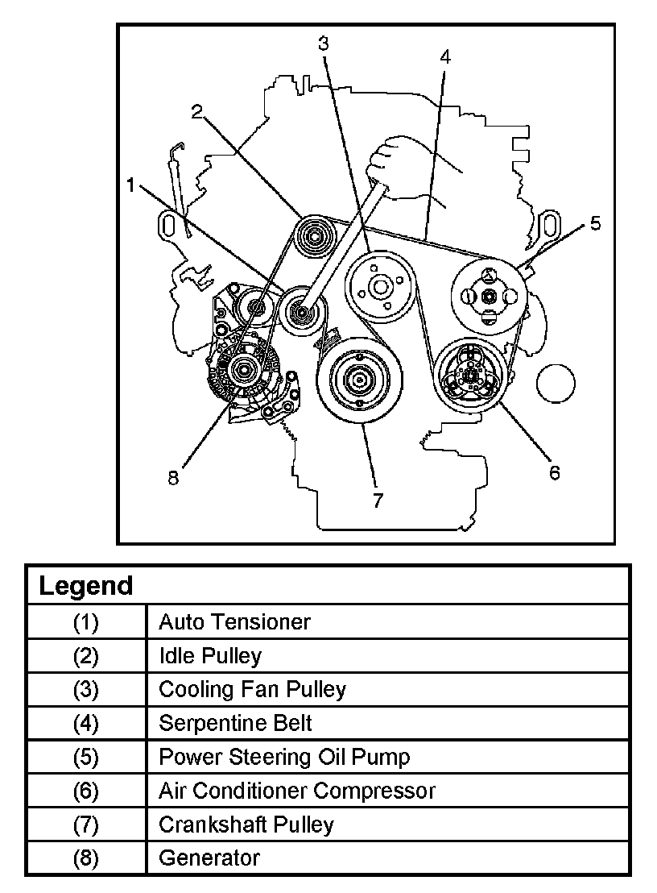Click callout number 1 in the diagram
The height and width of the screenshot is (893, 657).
pyautogui.click(x=130, y=185)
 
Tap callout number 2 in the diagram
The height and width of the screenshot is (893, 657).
pyautogui.click(x=196, y=112)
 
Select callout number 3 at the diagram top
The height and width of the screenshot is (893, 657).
pyautogui.click(x=323, y=43)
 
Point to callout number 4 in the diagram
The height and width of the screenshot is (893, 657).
pyautogui.click(x=445, y=56)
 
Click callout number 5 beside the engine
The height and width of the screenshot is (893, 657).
pyautogui.click(x=595, y=223)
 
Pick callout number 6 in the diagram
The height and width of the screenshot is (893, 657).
pyautogui.click(x=554, y=472)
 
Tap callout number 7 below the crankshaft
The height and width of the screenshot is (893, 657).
pyautogui.click(x=378, y=500)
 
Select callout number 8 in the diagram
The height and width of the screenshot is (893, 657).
pyautogui.click(x=173, y=477)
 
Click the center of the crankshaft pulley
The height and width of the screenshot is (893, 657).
pyautogui.click(x=356, y=379)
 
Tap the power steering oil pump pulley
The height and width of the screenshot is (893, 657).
pyautogui.click(x=489, y=296)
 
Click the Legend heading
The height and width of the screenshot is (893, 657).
pyautogui.click(x=86, y=585)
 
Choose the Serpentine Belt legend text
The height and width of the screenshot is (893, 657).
pyautogui.click(x=235, y=723)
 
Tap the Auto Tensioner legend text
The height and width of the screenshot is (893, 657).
pyautogui.click(x=234, y=621)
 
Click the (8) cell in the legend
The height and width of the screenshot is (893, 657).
pyautogui.click(x=86, y=858)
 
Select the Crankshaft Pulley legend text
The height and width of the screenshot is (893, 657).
pyautogui.click(x=246, y=824)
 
